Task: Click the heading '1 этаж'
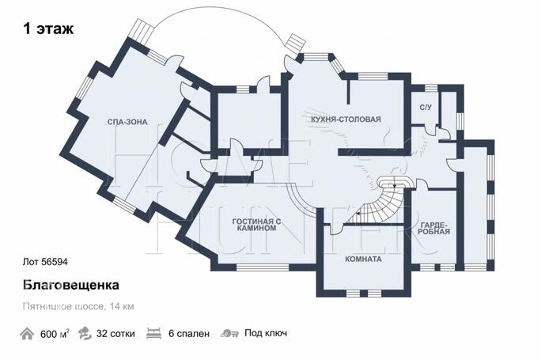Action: (48, 30)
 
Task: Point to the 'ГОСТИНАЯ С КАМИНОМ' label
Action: (255, 224)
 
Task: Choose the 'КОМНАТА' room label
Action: (363, 259)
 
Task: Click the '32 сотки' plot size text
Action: (115, 334)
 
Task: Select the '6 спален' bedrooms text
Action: (189, 334)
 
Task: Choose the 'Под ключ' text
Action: (265, 334)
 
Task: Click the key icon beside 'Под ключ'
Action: (230, 334)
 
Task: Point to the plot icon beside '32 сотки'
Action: (85, 334)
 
